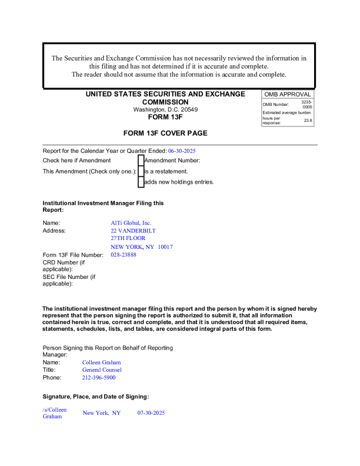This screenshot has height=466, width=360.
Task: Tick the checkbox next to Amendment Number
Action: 141,160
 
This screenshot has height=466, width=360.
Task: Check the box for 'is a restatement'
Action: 141,171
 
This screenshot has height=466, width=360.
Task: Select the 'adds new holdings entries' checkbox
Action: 141,182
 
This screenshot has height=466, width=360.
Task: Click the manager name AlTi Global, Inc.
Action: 131,223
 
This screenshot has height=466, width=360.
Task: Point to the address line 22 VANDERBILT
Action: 133,231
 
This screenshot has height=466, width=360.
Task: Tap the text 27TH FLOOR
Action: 128,239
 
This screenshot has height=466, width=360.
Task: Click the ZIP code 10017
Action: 161,247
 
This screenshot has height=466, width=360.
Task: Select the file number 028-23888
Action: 124,255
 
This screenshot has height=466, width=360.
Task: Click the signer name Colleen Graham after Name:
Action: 101,362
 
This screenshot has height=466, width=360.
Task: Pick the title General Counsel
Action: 102,370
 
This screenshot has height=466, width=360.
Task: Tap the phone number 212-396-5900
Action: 99,378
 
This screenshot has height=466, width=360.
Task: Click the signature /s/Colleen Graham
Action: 55,413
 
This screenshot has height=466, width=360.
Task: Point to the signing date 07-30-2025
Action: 151,413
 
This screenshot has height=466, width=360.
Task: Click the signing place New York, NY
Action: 101,413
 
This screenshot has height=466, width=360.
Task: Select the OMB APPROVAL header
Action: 287,94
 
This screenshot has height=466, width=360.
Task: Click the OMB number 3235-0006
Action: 306,104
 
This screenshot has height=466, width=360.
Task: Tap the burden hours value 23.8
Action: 308,120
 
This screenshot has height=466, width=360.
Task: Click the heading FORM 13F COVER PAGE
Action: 165,133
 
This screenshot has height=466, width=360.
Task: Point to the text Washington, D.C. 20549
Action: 165,109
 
